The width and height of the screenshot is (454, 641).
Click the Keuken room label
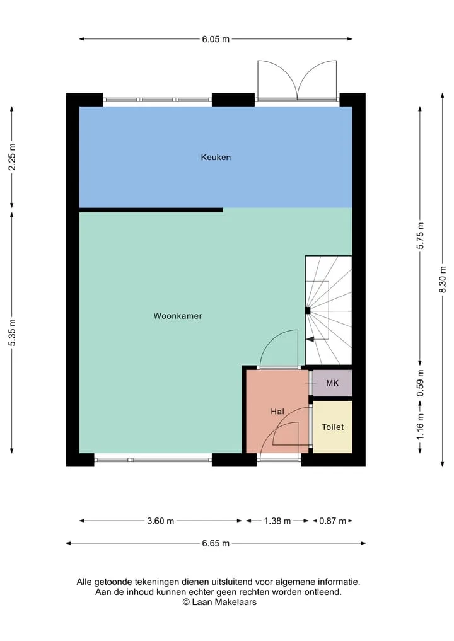tap(216, 158)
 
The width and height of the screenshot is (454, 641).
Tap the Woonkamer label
tap(178, 316)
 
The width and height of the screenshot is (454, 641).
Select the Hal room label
tap(277, 412)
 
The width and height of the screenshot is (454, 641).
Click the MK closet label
tap(332, 383)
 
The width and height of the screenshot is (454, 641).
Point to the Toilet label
tap(332, 427)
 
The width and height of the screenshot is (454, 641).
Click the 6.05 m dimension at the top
tap(216, 39)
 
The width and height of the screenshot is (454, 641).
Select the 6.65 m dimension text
tap(216, 543)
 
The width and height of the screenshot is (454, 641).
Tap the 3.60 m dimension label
tap(160, 521)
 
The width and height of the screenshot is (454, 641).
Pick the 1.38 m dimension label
tap(277, 521)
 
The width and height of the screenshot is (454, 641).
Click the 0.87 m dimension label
tap(332, 521)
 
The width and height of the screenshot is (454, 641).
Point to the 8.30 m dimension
tap(443, 280)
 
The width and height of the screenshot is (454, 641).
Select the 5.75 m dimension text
tap(421, 236)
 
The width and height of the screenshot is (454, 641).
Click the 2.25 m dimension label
tap(12, 157)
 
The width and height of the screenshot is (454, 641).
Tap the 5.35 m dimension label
tap(12, 332)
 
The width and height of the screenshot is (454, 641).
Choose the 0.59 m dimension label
tap(421, 383)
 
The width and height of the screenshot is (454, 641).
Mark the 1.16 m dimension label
tap(421, 427)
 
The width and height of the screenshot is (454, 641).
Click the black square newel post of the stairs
tap(308, 310)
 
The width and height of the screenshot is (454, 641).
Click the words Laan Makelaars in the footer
tap(224, 602)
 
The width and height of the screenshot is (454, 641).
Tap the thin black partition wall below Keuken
tap(151, 210)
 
